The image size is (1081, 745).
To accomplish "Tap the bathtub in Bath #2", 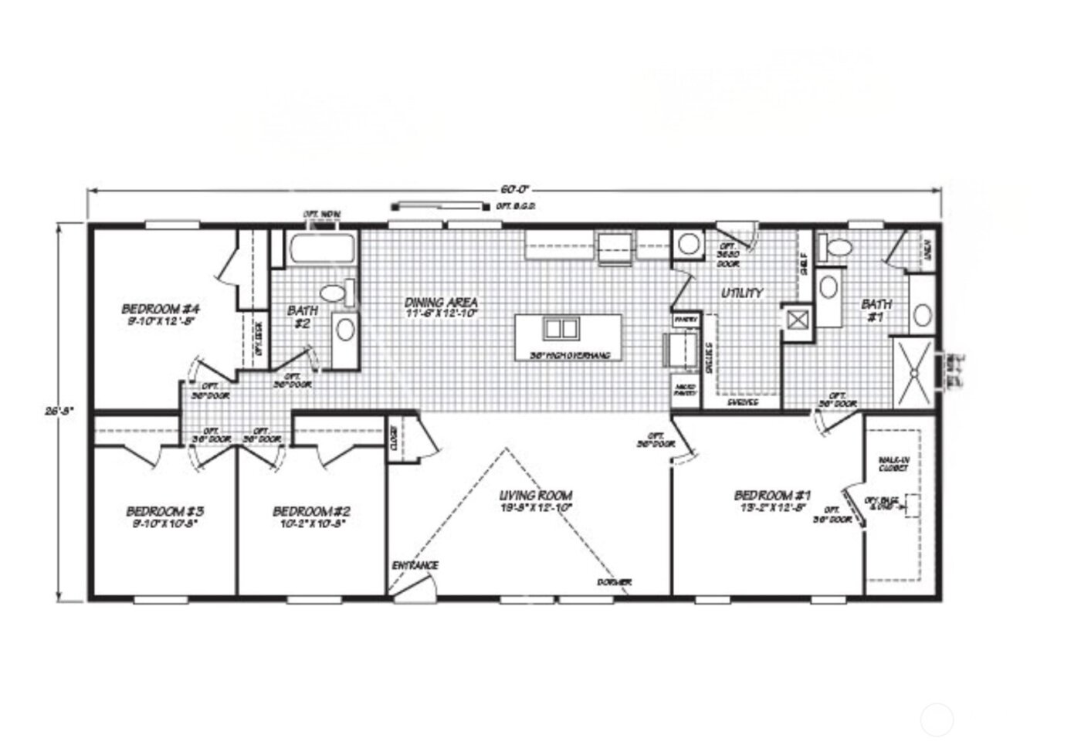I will pyautogui.click(x=323, y=249).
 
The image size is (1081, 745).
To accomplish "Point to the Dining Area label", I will pyautogui.click(x=441, y=303).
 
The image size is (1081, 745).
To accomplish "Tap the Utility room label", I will pyautogui.click(x=742, y=293).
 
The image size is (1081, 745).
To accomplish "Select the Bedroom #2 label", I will pyautogui.click(x=312, y=511).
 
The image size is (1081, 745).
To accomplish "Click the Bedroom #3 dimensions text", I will pyautogui.click(x=164, y=523).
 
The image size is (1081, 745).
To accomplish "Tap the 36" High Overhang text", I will pyautogui.click(x=571, y=356).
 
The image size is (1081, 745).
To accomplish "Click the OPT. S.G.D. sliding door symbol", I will pyautogui.click(x=441, y=206).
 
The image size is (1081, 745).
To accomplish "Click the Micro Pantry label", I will pyautogui.click(x=684, y=391).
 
